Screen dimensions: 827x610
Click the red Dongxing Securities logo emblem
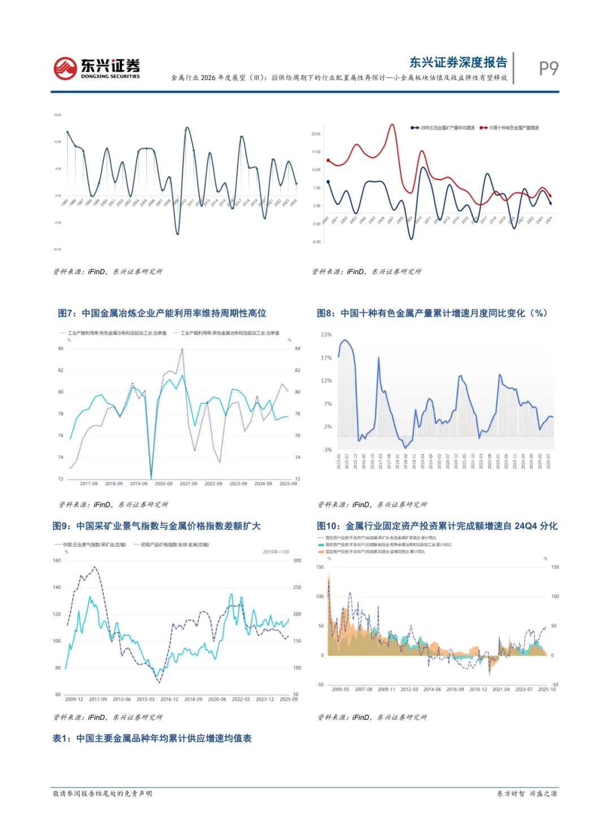65,68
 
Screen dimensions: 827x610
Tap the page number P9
548,68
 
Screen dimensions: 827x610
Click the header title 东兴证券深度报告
458,63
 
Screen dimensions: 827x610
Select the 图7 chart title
162,313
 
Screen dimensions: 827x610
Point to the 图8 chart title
432,313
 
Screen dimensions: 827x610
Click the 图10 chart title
437,526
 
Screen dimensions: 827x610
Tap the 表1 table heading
152,738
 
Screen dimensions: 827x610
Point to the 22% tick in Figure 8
326,335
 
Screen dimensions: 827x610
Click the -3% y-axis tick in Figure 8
327,450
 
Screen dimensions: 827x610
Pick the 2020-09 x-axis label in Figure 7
163,483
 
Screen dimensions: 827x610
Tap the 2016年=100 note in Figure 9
276,552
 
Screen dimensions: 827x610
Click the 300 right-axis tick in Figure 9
297,560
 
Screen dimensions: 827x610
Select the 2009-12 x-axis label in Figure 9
74,699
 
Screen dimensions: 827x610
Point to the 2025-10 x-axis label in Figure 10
546,689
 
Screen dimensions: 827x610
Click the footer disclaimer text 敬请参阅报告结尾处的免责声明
102,794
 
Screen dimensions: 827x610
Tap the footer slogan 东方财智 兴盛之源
526,794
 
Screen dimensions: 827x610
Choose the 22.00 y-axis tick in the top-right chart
316,134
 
